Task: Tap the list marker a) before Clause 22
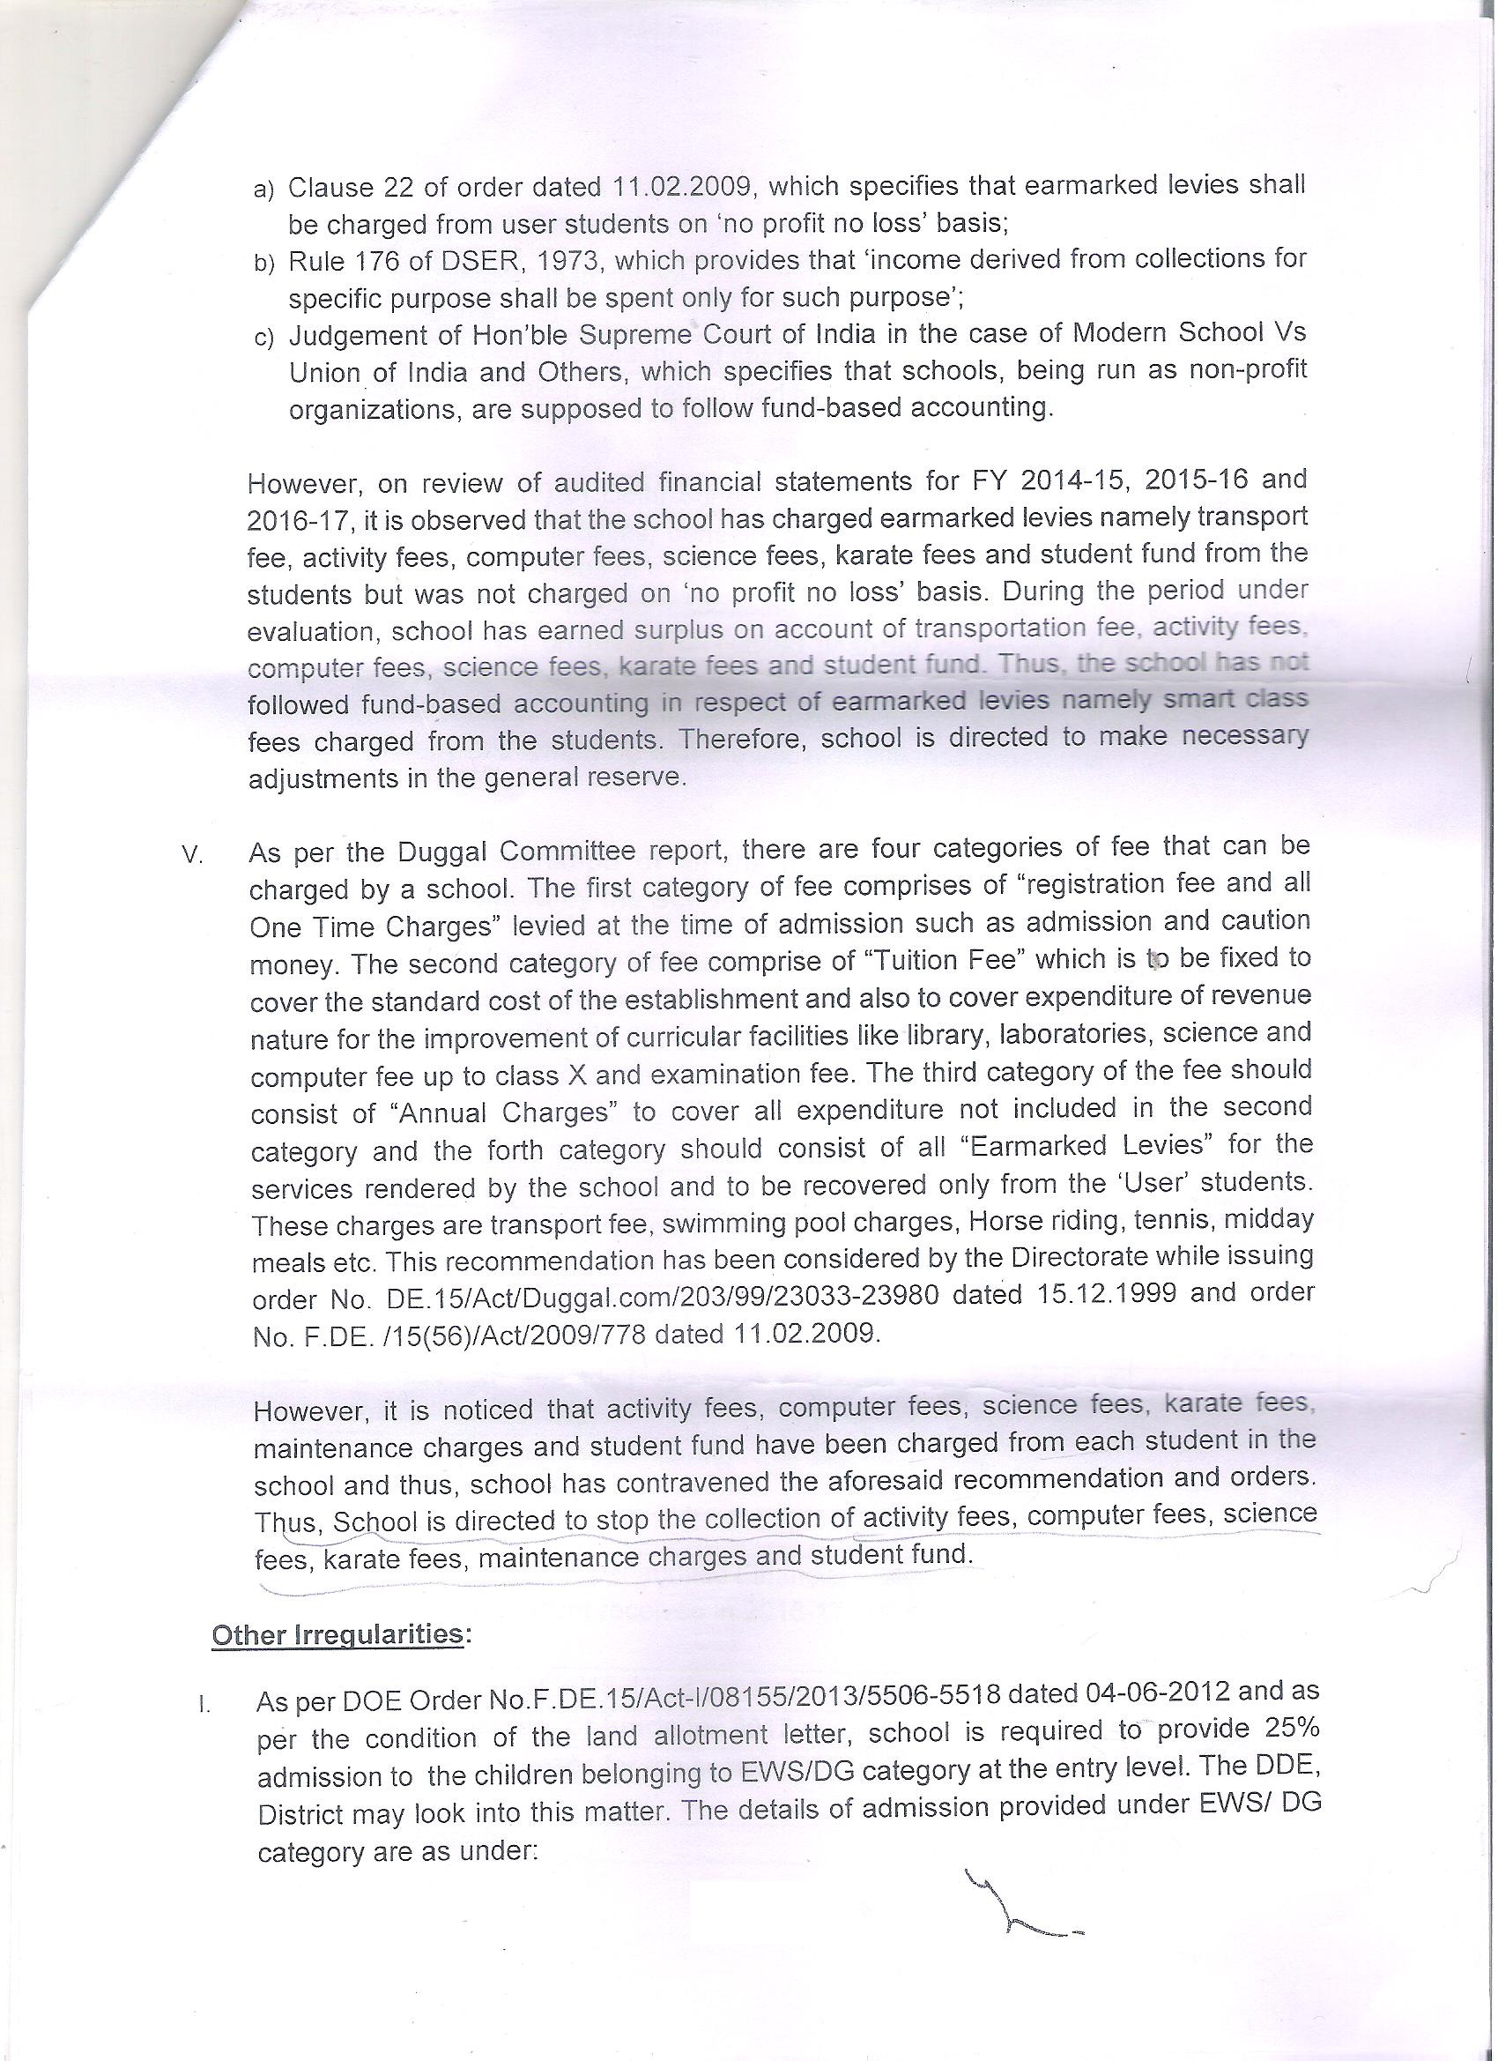[x=263, y=190]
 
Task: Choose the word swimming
[x=727, y=1224]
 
